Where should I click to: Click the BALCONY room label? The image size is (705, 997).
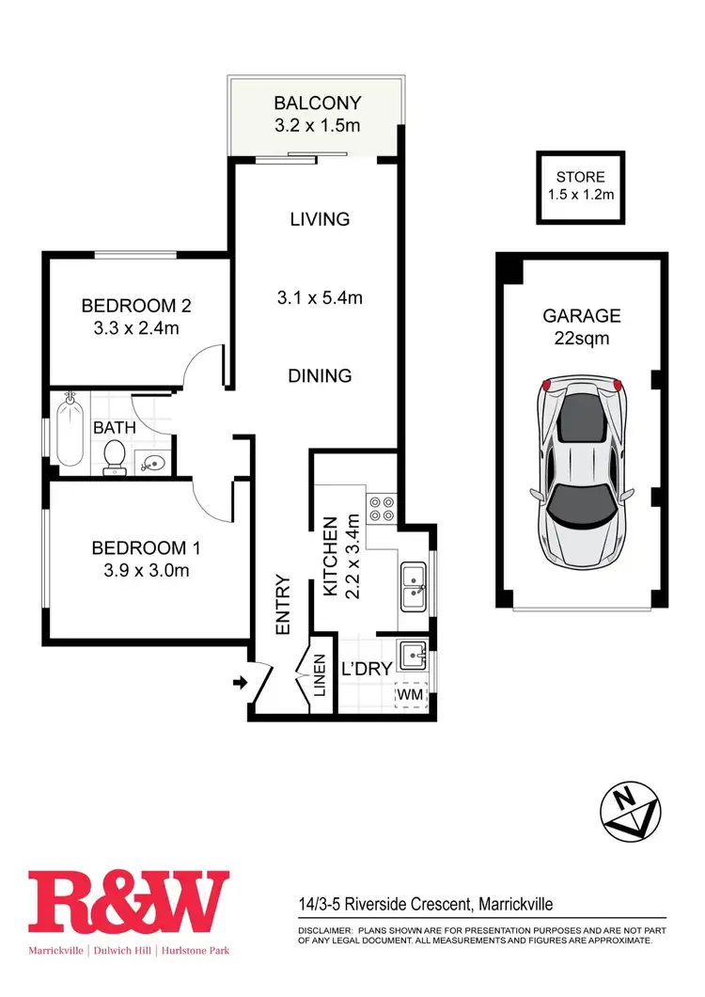tap(317, 103)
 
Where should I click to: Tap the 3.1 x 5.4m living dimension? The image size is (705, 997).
tap(320, 298)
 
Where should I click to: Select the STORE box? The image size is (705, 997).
tap(580, 186)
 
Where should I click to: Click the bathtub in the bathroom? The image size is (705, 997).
tap(70, 432)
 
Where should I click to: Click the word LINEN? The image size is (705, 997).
tap(320, 676)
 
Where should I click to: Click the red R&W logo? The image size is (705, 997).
tap(129, 902)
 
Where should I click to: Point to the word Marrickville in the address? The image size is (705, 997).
tap(517, 905)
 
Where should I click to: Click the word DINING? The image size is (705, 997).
tap(320, 375)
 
